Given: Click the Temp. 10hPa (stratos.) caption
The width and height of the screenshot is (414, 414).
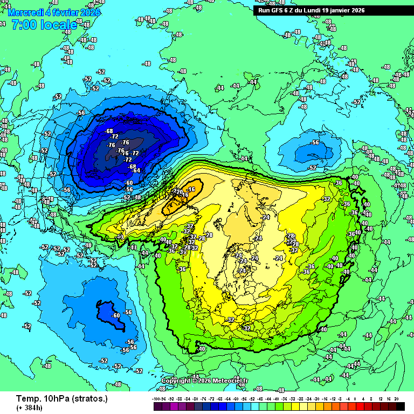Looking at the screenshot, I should click(x=62, y=399).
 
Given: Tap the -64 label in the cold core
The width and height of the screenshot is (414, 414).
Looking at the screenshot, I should click(x=136, y=170).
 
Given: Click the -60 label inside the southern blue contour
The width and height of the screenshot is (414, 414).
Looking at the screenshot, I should click(x=115, y=315).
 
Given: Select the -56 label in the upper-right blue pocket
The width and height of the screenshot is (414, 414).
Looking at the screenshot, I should click(x=315, y=143).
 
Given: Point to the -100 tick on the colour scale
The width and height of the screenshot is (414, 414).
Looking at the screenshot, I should click(x=156, y=398).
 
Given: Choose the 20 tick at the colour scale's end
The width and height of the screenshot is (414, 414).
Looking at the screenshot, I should click(x=396, y=398).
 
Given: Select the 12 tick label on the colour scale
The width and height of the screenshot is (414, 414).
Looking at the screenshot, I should click(x=381, y=398).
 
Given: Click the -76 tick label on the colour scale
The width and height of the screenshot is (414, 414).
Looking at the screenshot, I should click(x=203, y=398).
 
